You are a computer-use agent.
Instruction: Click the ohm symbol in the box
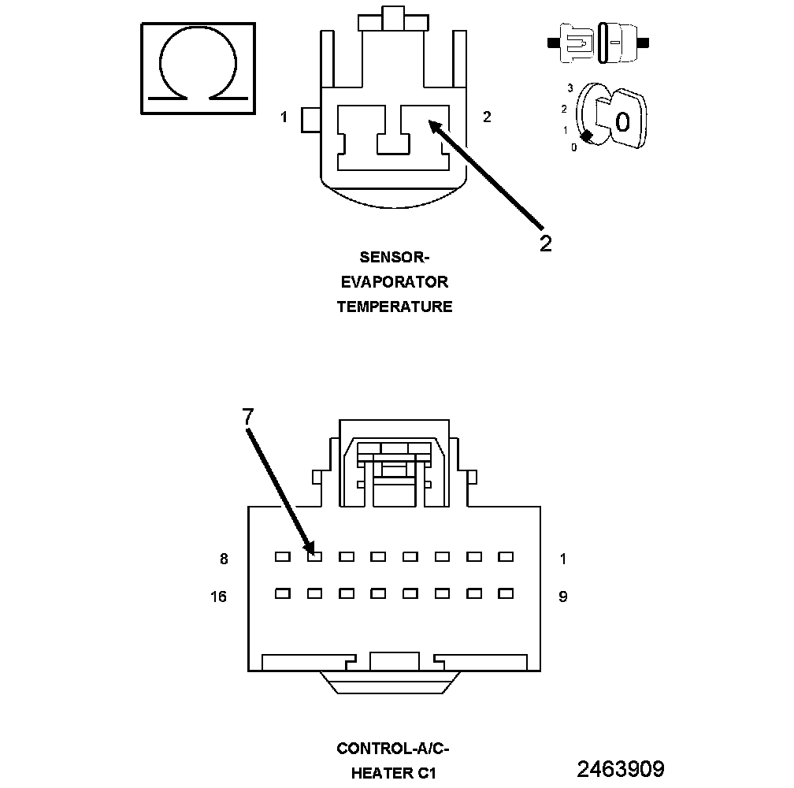point(198,69)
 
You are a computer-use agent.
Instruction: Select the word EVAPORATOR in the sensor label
point(394,282)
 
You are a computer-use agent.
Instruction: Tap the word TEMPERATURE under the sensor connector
point(394,307)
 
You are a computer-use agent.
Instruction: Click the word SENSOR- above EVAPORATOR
point(394,257)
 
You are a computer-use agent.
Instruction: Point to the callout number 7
point(248,417)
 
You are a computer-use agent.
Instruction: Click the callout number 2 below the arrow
point(545,243)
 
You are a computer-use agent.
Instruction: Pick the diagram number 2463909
point(620,768)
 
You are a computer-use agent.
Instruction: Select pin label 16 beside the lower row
point(218,597)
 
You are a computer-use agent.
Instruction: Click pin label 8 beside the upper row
point(224,559)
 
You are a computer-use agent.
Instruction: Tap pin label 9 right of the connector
point(562,597)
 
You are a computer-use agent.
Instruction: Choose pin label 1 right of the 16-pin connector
point(562,559)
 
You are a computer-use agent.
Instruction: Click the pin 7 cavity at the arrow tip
point(314,556)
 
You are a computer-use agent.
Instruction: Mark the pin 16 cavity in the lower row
point(282,593)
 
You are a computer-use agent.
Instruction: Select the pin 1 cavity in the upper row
point(506,556)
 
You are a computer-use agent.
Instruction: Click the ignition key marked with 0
point(618,119)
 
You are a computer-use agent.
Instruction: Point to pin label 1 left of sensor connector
point(284,117)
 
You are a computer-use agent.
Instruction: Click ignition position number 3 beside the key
point(569,88)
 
